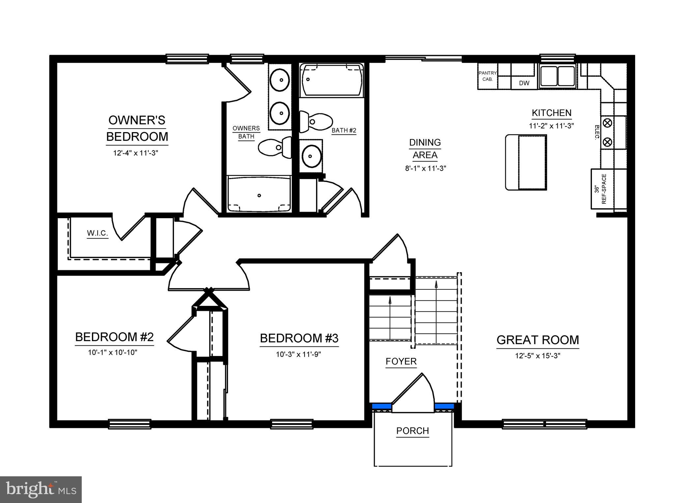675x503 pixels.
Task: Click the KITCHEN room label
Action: click(x=551, y=113)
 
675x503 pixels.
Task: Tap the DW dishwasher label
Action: click(x=524, y=83)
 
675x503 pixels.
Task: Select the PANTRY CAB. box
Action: click(x=487, y=76)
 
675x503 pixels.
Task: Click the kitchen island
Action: click(x=526, y=162)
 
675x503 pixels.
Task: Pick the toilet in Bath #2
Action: click(x=315, y=121)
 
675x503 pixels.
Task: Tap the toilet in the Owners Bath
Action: click(x=274, y=147)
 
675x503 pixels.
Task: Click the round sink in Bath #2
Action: click(x=311, y=156)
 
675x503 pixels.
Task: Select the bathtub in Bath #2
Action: click(x=332, y=80)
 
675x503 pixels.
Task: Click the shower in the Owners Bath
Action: click(x=259, y=194)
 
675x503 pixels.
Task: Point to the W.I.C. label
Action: click(x=98, y=233)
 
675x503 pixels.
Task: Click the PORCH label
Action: click(x=413, y=431)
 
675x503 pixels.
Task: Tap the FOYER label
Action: click(x=401, y=362)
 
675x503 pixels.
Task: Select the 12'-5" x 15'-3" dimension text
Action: click(x=538, y=356)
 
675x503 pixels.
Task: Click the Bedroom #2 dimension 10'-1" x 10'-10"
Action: click(x=112, y=352)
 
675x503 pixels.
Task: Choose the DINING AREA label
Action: click(x=425, y=149)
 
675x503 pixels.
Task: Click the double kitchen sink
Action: click(x=557, y=76)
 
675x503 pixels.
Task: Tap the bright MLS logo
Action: click(x=41, y=489)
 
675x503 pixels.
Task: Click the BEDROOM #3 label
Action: click(x=299, y=338)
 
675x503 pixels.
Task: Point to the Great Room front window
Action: click(x=544, y=424)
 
